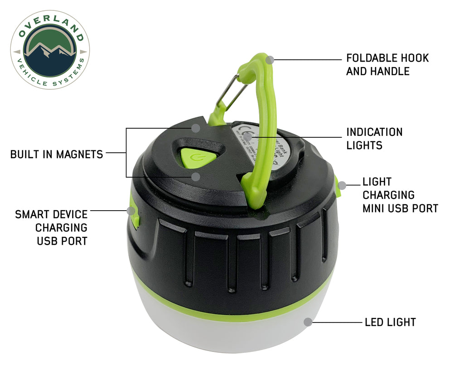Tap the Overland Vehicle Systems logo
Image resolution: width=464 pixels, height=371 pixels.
[x=50, y=50]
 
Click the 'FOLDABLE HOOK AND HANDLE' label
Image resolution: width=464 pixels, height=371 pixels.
[x=387, y=64]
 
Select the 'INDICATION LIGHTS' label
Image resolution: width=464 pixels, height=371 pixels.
[x=374, y=139]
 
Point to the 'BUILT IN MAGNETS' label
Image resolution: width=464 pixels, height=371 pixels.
[x=57, y=154]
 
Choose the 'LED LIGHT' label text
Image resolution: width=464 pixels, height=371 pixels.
[x=390, y=322]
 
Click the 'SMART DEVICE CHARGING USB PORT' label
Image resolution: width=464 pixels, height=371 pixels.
[x=51, y=227]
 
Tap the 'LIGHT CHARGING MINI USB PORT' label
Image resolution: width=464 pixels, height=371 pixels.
[x=400, y=195]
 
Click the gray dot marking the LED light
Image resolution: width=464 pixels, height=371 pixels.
[x=308, y=322]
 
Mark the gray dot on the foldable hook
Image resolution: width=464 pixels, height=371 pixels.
[x=270, y=59]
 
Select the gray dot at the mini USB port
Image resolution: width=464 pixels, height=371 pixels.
[x=343, y=185]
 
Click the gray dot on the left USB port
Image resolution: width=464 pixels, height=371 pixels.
[x=132, y=211]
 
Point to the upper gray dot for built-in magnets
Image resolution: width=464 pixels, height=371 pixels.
[x=195, y=128]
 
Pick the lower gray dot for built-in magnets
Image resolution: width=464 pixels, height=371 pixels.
[x=195, y=176]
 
